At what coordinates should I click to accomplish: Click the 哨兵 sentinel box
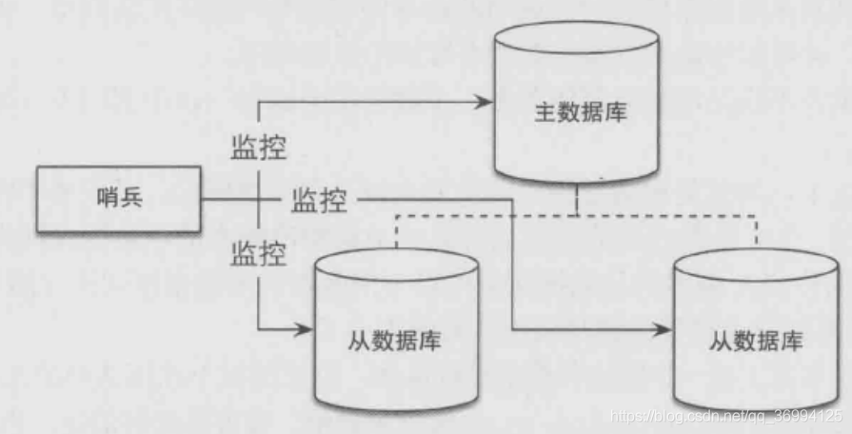pos(118,200)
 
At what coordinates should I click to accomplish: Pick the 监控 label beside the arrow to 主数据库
pos(258,148)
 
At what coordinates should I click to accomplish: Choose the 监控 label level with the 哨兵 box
pos(318,201)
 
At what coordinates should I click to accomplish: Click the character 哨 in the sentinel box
pos(108,200)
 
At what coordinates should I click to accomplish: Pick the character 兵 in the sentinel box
pos(129,200)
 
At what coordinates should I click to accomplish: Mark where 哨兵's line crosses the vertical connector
pos(259,200)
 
